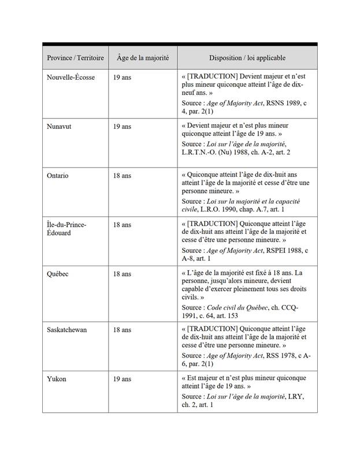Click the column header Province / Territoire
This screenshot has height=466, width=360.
pos(75,58)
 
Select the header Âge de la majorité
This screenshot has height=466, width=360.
pos(142,58)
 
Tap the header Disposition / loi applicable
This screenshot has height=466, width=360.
pos(247,58)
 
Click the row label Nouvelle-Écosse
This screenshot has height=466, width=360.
pos(70,77)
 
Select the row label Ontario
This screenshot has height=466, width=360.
pos(58,176)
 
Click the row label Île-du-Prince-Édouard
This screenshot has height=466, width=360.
pos(66,229)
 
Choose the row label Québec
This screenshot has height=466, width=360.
pos(57,274)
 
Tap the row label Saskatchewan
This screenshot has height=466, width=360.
pos(67,330)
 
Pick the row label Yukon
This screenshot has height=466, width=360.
pos(56,379)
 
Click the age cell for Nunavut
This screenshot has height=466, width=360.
pos(122,126)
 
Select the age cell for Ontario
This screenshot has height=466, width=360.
pos(122,176)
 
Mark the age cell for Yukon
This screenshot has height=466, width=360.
pos(122,379)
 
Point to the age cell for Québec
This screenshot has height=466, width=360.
pos(122,274)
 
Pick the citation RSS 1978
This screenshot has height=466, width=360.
pos(281,356)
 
